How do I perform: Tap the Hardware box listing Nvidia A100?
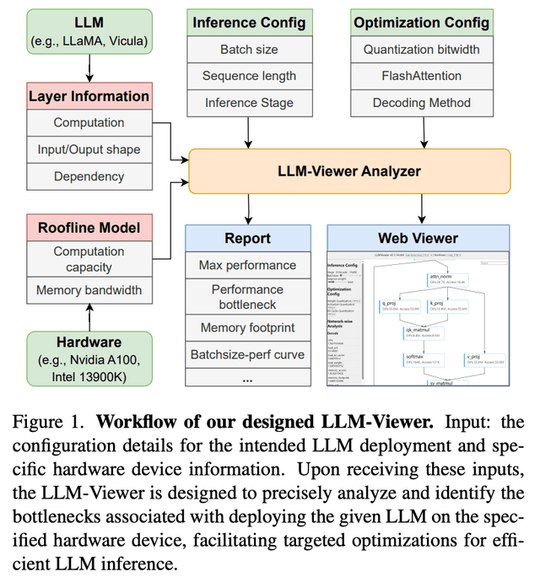[x=89, y=358]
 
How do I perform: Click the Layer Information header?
[x=89, y=95]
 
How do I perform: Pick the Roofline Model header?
[x=89, y=227]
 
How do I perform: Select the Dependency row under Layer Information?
[x=89, y=177]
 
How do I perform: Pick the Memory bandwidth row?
[x=89, y=290]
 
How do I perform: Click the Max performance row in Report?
[x=247, y=265]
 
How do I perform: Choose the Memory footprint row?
[x=247, y=327]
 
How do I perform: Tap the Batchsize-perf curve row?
[x=247, y=354]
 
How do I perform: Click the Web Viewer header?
[x=419, y=238]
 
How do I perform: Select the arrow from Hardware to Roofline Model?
[x=89, y=316]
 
